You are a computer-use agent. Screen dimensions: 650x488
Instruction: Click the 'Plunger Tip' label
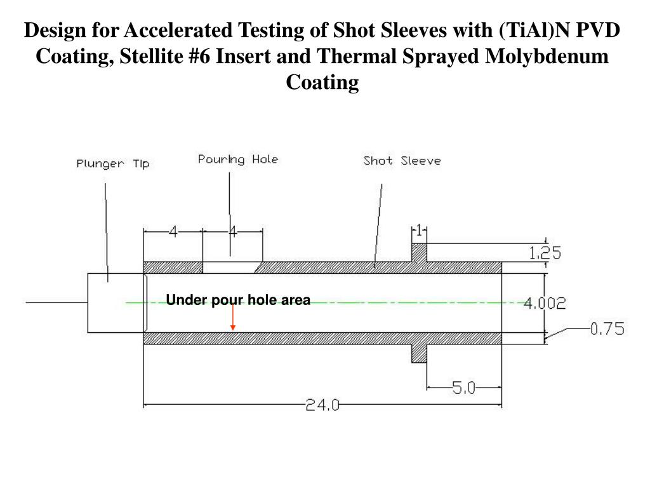coord(113,164)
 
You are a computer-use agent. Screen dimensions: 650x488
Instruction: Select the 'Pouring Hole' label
coord(238,159)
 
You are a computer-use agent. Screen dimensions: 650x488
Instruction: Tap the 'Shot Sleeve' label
coord(402,161)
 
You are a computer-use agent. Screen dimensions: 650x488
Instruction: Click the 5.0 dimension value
coord(463,388)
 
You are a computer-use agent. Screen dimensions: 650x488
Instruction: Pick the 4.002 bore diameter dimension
coord(545,304)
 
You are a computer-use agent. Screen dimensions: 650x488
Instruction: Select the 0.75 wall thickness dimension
coord(607,329)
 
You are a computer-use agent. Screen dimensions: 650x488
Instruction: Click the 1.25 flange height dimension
coord(545,254)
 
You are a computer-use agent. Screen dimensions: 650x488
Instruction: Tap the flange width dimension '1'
coord(419,230)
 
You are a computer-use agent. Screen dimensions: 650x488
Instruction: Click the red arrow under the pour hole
coord(233,318)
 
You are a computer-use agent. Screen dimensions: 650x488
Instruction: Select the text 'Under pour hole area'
coord(238,300)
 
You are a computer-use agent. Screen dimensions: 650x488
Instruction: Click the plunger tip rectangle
coord(116,302)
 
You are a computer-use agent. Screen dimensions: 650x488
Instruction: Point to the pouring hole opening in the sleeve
coord(230,267)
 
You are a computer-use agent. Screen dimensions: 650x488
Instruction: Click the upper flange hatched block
coord(419,252)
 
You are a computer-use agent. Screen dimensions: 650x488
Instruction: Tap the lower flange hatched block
coord(418,353)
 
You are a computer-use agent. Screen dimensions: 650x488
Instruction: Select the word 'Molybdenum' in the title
coord(547,57)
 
